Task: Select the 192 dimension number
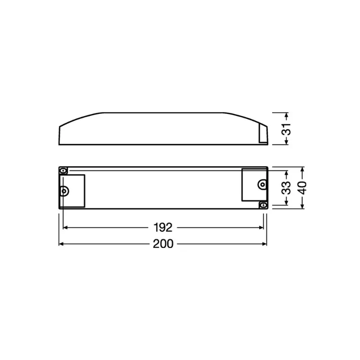(x=163, y=227)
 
